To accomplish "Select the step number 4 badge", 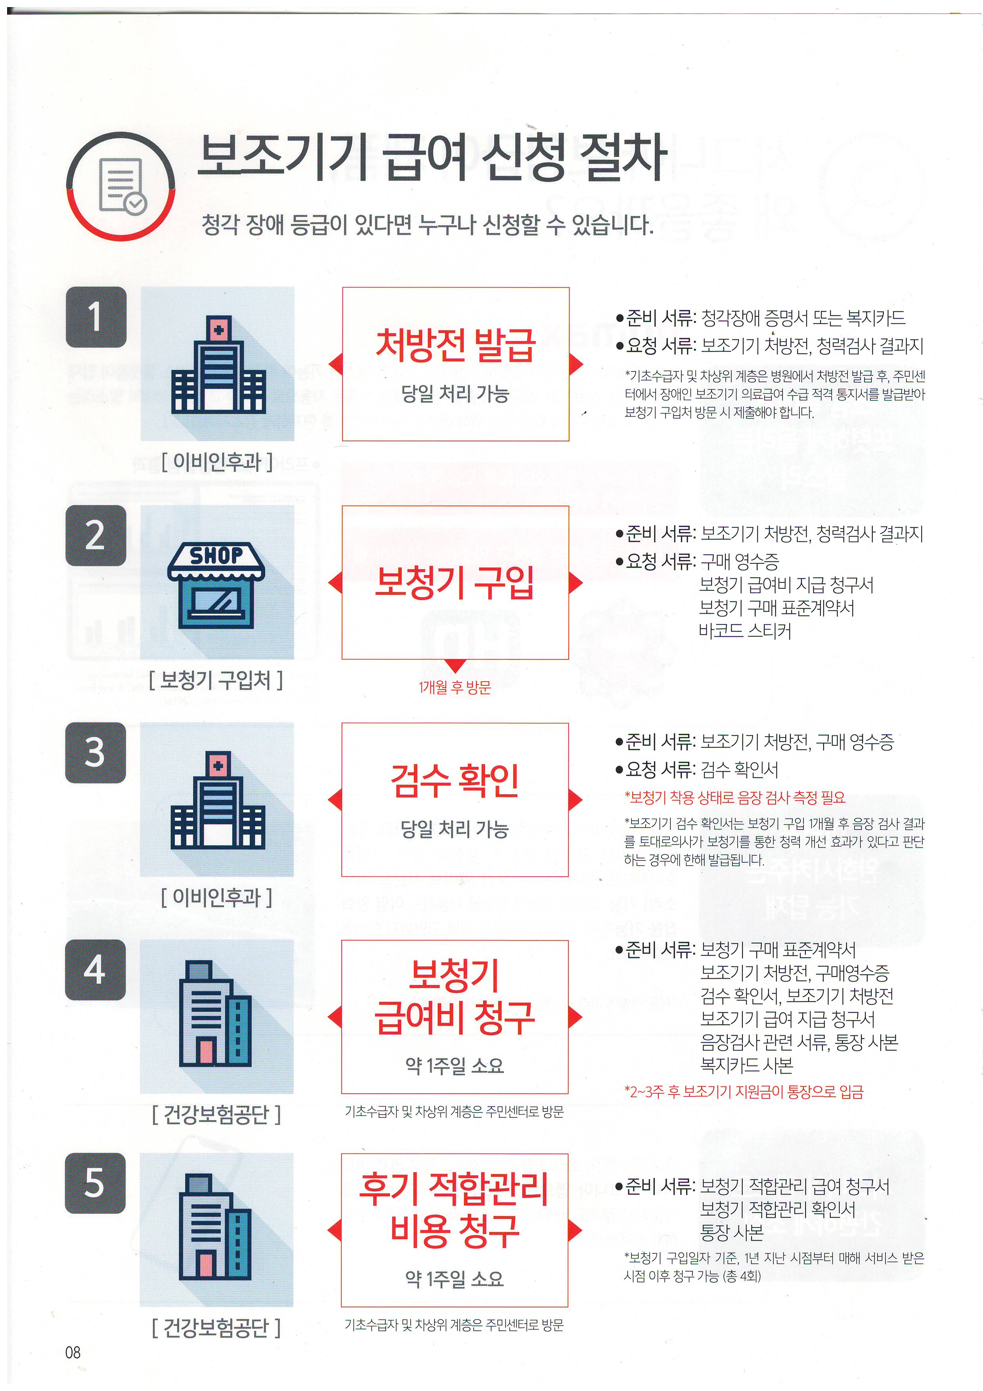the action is click(x=96, y=969).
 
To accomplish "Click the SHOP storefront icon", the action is click(x=216, y=584).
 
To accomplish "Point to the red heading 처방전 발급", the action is click(x=455, y=345).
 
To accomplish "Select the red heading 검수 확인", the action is click(x=455, y=780).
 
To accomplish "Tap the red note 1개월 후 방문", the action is click(x=455, y=687).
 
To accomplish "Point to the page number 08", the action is click(x=73, y=1352).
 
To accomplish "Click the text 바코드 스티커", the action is click(x=745, y=631).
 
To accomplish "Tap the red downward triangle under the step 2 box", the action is click(x=455, y=666).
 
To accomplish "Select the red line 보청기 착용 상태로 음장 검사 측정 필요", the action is click(x=735, y=797).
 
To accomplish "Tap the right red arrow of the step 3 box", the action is click(x=576, y=800).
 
